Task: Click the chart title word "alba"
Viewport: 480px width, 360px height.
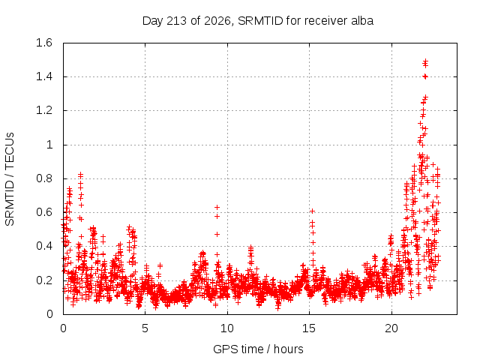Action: point(361,21)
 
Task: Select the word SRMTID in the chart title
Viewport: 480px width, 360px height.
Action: point(260,21)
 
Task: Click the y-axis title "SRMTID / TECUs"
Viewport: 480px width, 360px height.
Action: point(10,179)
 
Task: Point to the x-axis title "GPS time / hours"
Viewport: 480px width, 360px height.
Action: point(258,349)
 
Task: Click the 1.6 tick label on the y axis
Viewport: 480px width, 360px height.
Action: point(44,43)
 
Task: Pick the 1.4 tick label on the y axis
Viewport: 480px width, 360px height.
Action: point(44,76)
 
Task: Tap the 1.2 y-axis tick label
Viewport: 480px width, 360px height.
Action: point(44,110)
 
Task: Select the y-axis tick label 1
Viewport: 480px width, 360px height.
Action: point(49,145)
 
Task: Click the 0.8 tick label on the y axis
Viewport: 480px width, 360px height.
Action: point(44,178)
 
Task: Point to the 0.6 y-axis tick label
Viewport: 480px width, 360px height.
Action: point(44,212)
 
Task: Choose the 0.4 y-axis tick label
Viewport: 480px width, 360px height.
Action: point(44,246)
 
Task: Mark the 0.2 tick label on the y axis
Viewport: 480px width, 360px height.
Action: point(44,280)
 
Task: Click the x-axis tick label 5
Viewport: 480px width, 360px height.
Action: point(145,328)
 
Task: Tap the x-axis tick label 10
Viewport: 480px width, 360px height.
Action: point(227,328)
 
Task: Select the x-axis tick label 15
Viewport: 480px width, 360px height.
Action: point(309,328)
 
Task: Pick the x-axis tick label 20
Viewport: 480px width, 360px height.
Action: point(391,328)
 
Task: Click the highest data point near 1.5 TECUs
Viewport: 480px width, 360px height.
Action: point(425,61)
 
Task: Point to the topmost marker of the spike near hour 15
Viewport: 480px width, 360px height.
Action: point(313,211)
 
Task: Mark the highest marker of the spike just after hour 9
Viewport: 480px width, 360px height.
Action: point(217,207)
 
